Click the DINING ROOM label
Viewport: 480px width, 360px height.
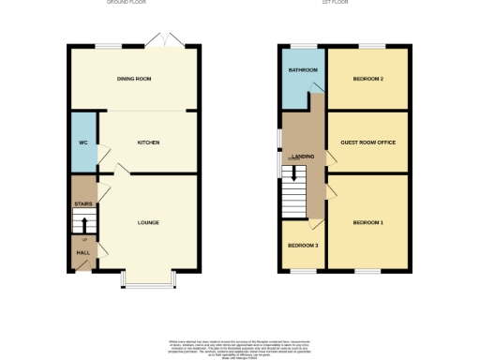pos(133,79)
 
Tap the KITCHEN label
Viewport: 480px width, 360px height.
pos(148,142)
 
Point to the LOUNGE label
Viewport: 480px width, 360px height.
pos(148,222)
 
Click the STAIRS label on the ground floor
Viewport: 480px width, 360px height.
pos(82,202)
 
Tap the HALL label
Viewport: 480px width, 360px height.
pos(82,252)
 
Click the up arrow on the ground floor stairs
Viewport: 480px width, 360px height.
pos(83,225)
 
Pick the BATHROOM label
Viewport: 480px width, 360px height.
pos(302,70)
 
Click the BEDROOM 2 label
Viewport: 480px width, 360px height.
pos(367,79)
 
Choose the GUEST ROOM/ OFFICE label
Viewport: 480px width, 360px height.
pos(367,142)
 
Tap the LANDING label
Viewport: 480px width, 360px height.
pos(303,157)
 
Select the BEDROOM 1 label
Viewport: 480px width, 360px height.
pos(367,222)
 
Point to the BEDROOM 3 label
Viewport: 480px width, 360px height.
pos(303,246)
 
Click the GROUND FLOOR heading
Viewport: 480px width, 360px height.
pos(133,3)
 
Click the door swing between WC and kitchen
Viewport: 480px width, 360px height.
pos(104,150)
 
